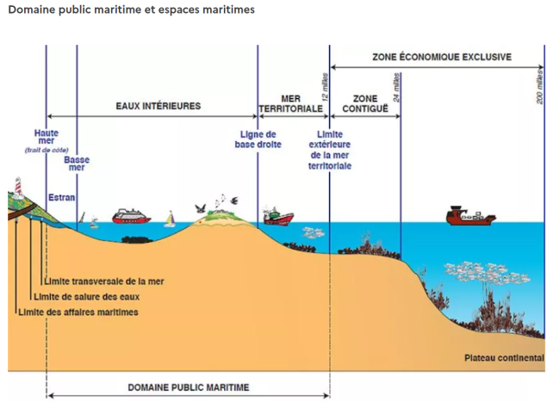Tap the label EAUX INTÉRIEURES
pos(159,106)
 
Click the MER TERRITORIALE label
pos(290,104)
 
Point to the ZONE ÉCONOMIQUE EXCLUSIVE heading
pos(441,57)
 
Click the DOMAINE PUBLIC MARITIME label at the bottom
pos(188,387)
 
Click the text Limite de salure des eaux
pos(91,296)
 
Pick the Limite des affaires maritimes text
pos(78,312)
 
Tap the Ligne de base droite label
pos(257,139)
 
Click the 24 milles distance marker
pos(396,89)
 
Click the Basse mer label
pos(76,164)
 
